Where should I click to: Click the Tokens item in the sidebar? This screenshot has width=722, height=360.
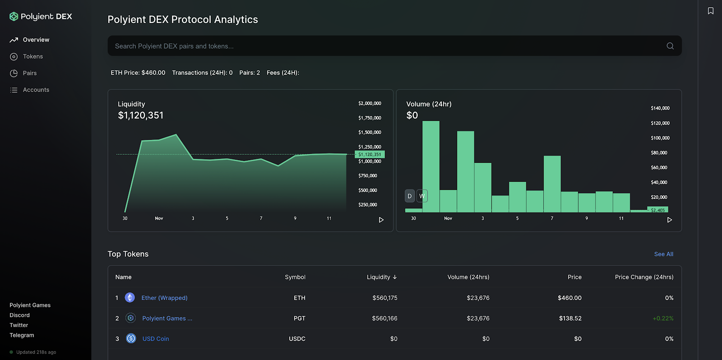pyautogui.click(x=32, y=56)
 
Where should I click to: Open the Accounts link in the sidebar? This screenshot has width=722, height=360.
pyautogui.click(x=36, y=90)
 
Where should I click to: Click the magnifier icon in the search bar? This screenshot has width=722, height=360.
pyautogui.click(x=670, y=46)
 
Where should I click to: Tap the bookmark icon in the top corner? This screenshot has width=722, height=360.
pyautogui.click(x=711, y=11)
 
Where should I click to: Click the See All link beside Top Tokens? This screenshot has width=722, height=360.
pyautogui.click(x=663, y=254)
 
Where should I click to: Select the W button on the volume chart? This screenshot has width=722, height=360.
pyautogui.click(x=422, y=196)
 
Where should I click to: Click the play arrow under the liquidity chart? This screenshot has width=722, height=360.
pyautogui.click(x=381, y=220)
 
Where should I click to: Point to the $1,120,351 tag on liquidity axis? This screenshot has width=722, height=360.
pyautogui.click(x=370, y=154)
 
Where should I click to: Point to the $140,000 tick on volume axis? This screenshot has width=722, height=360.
pyautogui.click(x=660, y=108)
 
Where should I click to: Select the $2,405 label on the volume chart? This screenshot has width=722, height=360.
pyautogui.click(x=658, y=210)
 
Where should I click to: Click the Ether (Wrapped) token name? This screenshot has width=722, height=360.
pyautogui.click(x=164, y=298)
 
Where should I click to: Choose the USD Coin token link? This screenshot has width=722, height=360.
pyautogui.click(x=156, y=339)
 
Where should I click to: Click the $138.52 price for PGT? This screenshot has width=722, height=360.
pyautogui.click(x=570, y=318)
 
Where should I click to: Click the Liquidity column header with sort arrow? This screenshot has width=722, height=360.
pyautogui.click(x=382, y=277)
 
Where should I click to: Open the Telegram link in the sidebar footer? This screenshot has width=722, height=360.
pyautogui.click(x=22, y=335)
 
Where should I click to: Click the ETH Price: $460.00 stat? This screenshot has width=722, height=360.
pyautogui.click(x=138, y=73)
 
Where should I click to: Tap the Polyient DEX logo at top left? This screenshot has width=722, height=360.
pyautogui.click(x=41, y=17)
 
